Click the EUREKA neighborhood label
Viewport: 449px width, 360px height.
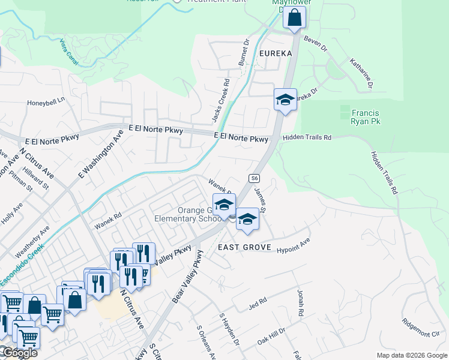click(275, 53)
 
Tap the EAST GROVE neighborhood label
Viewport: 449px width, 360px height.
click(244, 247)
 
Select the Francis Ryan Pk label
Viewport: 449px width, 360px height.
click(365, 117)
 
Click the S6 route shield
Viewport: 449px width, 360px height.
click(255, 178)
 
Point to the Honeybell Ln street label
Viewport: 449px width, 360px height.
click(45, 103)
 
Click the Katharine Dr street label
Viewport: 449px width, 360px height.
click(361, 74)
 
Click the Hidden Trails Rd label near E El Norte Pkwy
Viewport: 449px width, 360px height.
click(307, 137)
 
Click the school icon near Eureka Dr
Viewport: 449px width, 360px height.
click(285, 100)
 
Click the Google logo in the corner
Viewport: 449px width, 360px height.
click(19, 353)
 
